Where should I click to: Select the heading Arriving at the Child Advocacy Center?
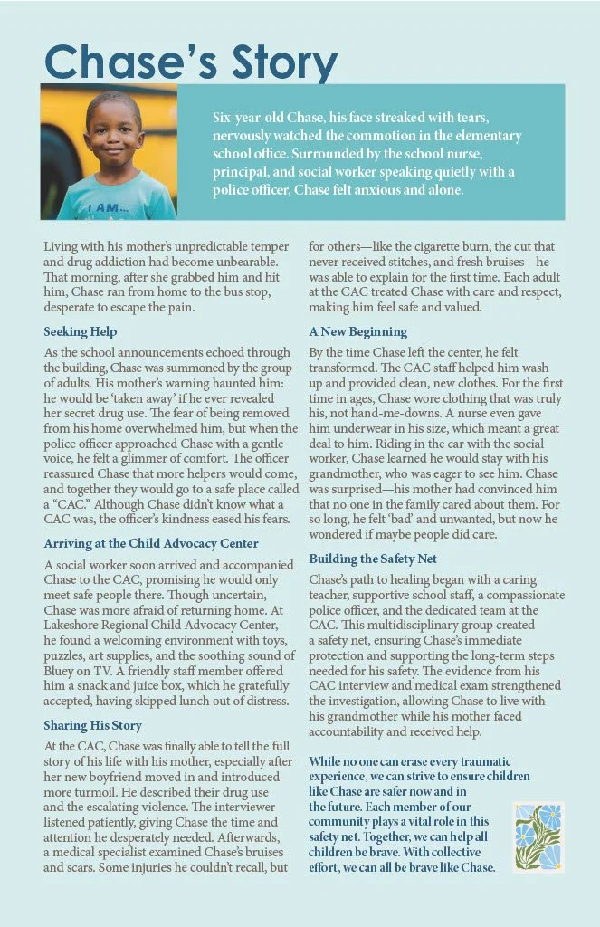[151, 543]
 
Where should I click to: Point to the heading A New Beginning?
[357, 331]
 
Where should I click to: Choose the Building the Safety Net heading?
[379, 559]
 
